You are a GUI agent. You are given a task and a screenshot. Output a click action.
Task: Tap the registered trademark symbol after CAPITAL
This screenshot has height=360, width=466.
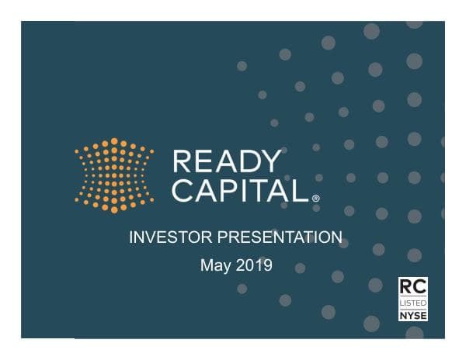point(315,199)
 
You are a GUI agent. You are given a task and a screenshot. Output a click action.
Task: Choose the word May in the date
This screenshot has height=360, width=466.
point(216,266)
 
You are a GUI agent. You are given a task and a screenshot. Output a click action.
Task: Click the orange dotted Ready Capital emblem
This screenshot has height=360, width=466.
point(114,175)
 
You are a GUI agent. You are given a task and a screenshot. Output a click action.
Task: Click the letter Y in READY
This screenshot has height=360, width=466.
point(270,161)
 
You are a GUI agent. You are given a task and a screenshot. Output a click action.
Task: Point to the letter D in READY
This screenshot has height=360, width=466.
point(248,161)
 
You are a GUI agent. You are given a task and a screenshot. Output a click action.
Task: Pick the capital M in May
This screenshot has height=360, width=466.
point(207,265)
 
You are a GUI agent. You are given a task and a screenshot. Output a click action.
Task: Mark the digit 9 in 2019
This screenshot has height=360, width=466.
point(268,265)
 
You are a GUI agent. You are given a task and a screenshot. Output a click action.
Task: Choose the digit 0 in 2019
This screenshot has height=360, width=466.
point(249,265)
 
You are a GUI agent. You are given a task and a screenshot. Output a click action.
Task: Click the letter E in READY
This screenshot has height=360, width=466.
point(203,161)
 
